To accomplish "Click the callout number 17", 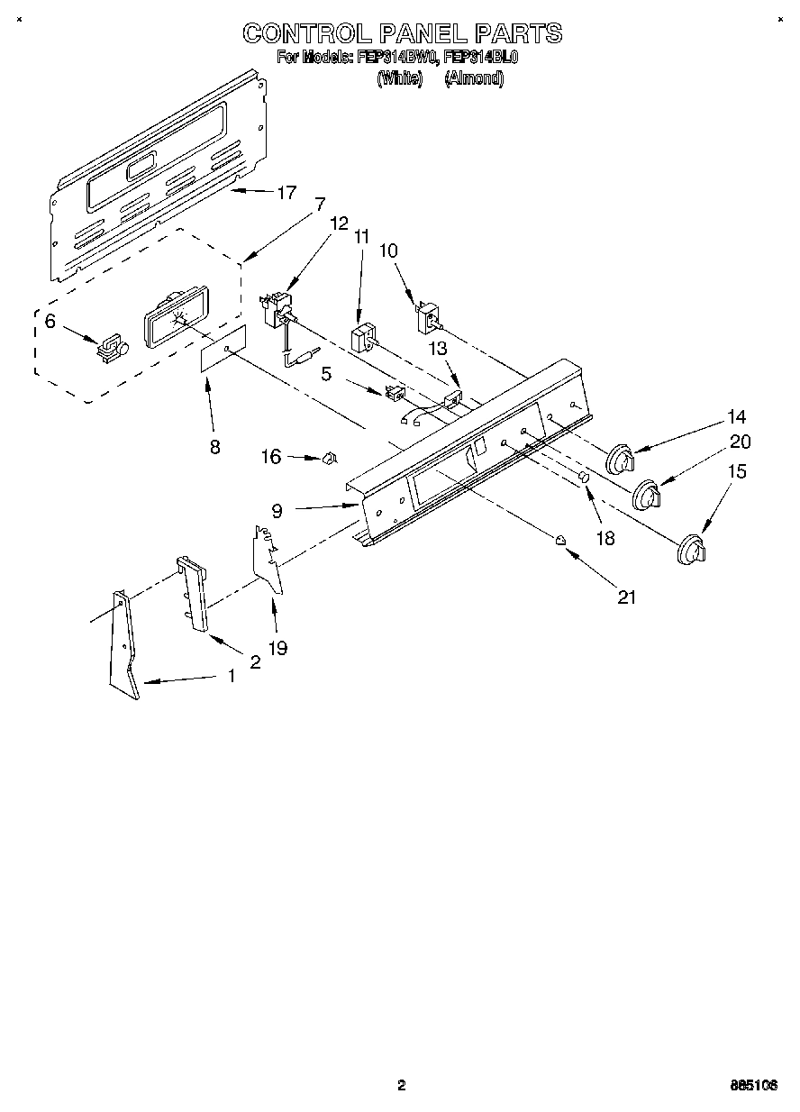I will (286, 192).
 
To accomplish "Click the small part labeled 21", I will (561, 540).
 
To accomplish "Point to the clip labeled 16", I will (330, 459).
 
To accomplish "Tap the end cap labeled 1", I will (123, 645).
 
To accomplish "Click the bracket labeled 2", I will (194, 595).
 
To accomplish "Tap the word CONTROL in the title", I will (306, 34).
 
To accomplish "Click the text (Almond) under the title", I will (473, 78).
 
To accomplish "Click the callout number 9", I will (277, 510).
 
